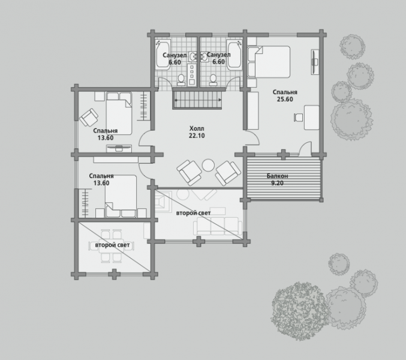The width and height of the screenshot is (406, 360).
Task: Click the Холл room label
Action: (x=197, y=128)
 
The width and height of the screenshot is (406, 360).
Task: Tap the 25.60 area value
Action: (x=285, y=99)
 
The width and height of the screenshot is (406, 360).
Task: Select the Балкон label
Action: (x=277, y=176)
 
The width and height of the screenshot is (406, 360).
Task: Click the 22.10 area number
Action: (x=197, y=136)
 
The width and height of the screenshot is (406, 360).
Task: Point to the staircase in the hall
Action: (x=197, y=98)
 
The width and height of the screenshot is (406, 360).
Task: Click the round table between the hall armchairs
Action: (x=208, y=165)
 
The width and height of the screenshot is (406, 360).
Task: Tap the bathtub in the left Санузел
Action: (x=163, y=55)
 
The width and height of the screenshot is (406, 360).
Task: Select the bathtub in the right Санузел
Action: (x=234, y=55)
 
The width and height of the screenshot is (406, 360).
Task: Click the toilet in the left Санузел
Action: (x=181, y=80)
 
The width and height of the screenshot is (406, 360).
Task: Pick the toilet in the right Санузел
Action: (x=213, y=80)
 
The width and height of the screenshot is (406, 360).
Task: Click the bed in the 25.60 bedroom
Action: (x=269, y=62)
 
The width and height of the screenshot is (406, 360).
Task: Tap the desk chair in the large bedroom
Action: (x=298, y=117)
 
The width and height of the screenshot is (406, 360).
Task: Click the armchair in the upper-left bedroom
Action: (x=89, y=118)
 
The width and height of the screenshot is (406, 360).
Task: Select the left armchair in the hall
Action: (x=190, y=172)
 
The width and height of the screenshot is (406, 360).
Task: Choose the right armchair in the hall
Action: (x=228, y=173)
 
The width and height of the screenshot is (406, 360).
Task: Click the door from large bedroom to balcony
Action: (x=305, y=149)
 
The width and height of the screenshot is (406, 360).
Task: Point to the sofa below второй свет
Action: (x=218, y=226)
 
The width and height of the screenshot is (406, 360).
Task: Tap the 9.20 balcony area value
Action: (x=277, y=183)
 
